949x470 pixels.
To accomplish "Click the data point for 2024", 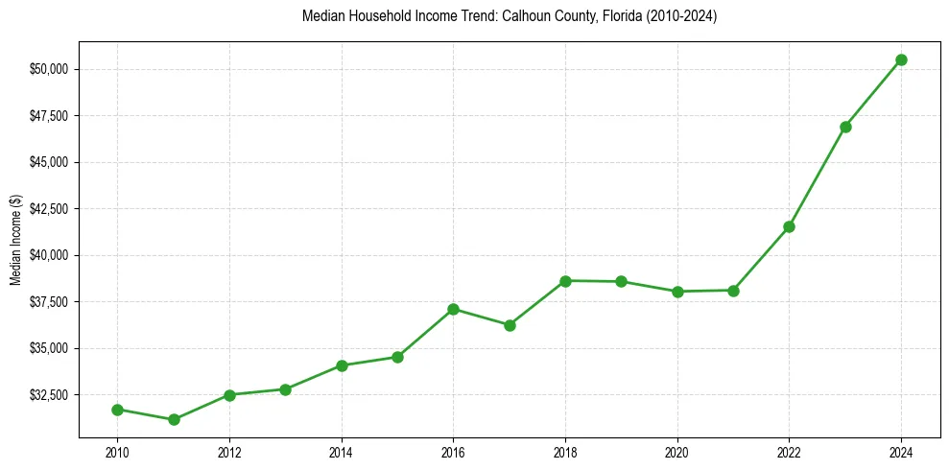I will pyautogui.click(x=901, y=59).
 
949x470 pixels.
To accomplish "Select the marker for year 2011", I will pyautogui.click(x=174, y=419).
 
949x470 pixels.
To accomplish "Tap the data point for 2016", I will pyautogui.click(x=453, y=309).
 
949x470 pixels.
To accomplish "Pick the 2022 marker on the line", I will pyautogui.click(x=789, y=226).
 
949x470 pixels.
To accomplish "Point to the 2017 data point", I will pyautogui.click(x=510, y=325).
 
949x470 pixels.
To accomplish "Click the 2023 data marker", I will pyautogui.click(x=845, y=127).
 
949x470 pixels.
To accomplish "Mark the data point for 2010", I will pyautogui.click(x=117, y=410).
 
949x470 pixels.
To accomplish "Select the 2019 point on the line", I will pyautogui.click(x=621, y=281).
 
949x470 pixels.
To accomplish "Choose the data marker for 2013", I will pyautogui.click(x=285, y=389).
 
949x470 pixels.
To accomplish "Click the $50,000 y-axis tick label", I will pyautogui.click(x=49, y=69).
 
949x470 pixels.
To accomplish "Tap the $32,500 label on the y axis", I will pyautogui.click(x=49, y=395).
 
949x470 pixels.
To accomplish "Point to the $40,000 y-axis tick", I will pyautogui.click(x=49, y=255).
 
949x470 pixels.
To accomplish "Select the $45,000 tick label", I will pyautogui.click(x=49, y=162).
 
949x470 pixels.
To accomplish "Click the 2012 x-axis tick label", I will pyautogui.click(x=229, y=452).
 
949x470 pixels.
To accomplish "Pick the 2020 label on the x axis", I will pyautogui.click(x=677, y=452).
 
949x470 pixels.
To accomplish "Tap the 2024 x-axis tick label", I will pyautogui.click(x=901, y=452).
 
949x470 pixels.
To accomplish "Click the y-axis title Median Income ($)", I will pyautogui.click(x=15, y=239).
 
